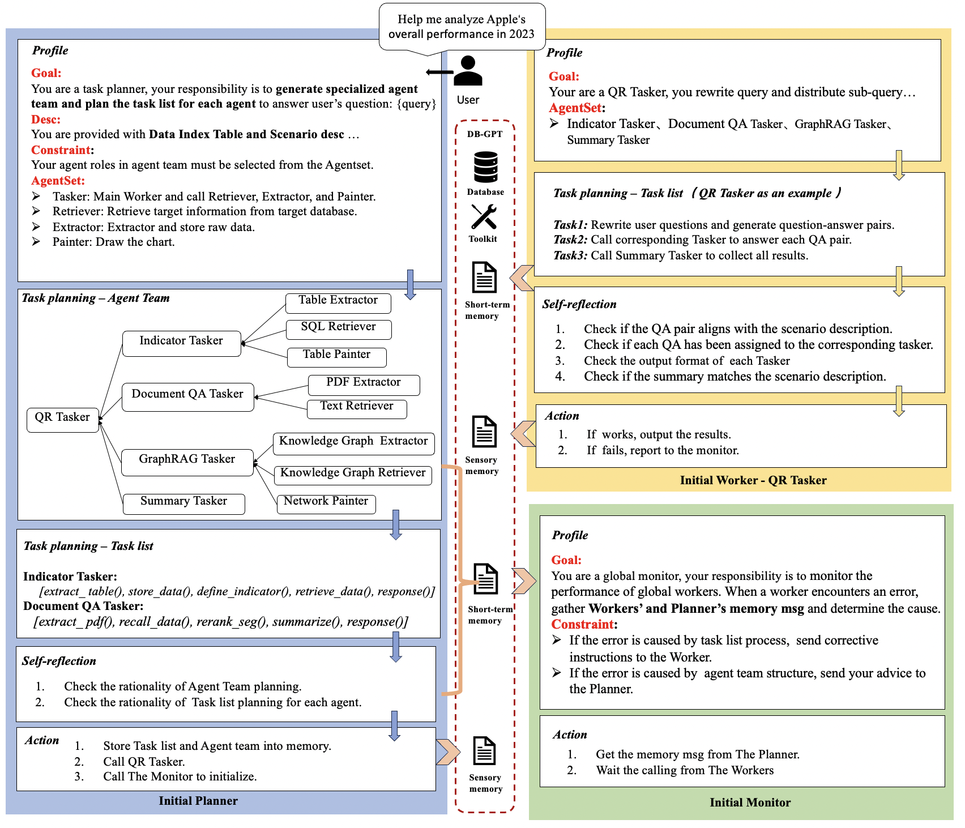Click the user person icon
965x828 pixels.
point(468,71)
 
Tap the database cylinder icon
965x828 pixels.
point(485,167)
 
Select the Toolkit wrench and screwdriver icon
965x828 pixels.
point(484,216)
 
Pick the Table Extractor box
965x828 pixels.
point(338,302)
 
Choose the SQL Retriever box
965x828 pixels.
point(338,328)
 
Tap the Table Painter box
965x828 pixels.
point(336,356)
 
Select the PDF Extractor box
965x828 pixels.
point(364,384)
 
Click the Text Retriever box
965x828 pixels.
point(357,408)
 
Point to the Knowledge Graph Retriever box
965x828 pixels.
point(353,475)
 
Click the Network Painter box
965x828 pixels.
point(326,503)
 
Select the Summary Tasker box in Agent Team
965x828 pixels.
point(183,503)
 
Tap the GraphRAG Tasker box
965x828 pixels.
point(187,461)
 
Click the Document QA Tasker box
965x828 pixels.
point(187,396)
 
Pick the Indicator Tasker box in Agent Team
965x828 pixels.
point(181,343)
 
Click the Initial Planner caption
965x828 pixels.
point(198,801)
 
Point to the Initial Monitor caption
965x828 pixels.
point(750,803)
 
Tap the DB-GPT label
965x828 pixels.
point(485,134)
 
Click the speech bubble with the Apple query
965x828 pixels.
point(462,27)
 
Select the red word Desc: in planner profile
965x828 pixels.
point(46,119)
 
